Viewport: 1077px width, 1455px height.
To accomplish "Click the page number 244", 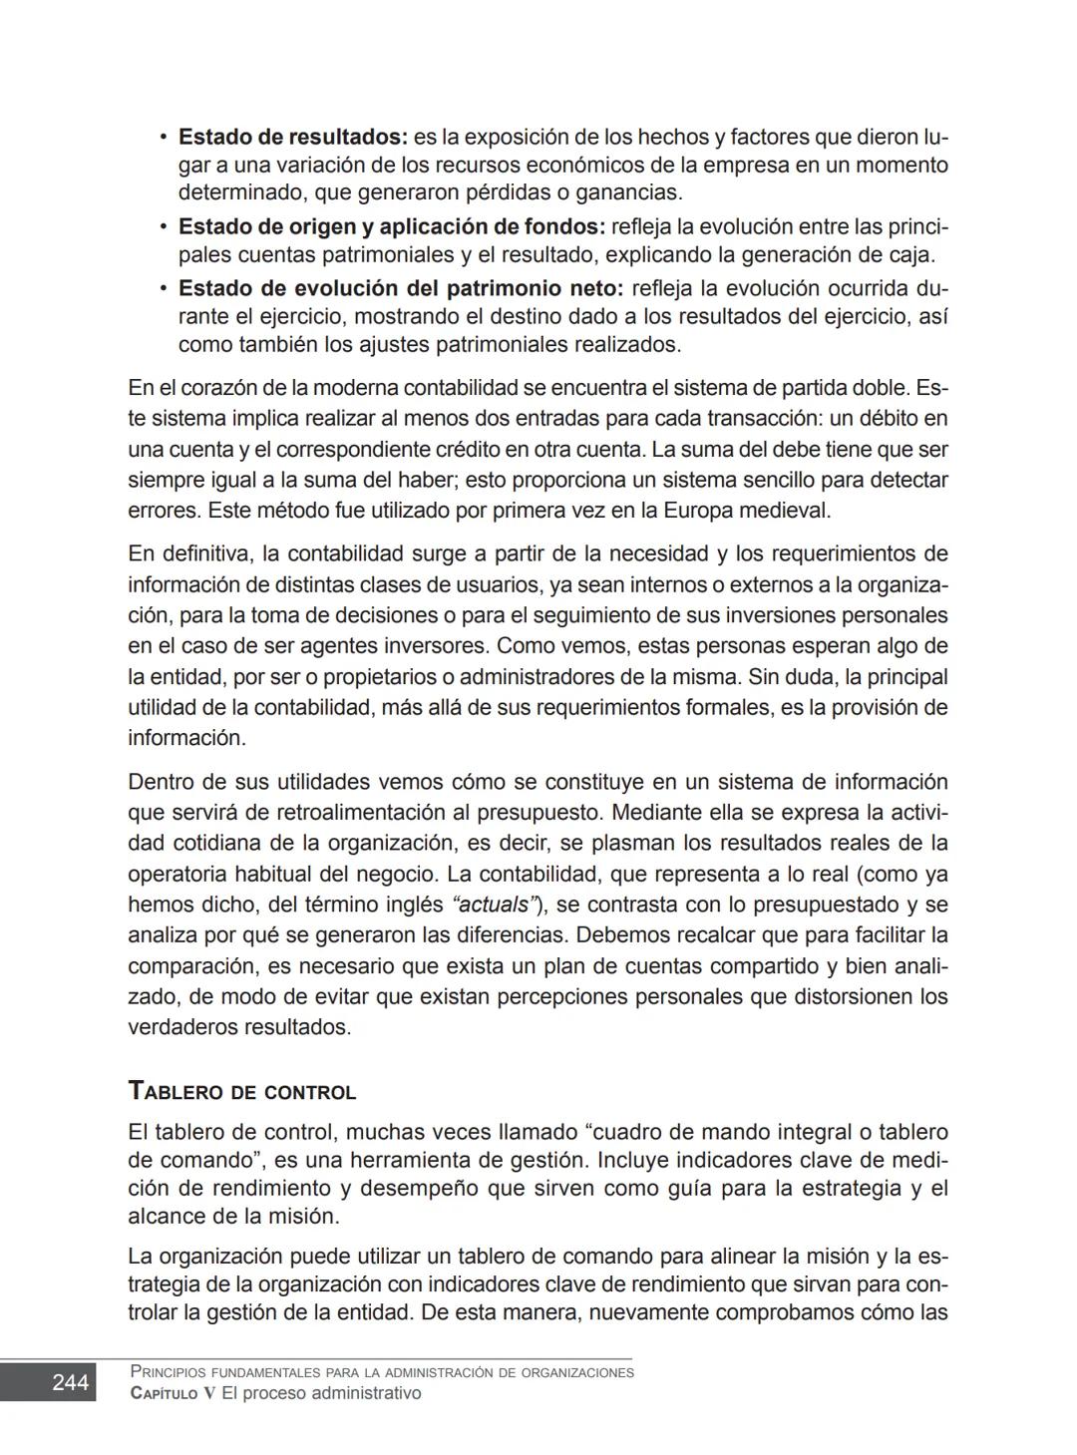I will (70, 1382).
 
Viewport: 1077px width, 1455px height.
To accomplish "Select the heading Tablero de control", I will (242, 1091).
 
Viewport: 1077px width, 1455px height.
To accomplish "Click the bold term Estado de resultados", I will (293, 137).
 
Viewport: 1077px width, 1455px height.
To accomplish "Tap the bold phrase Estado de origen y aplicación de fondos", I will (392, 227).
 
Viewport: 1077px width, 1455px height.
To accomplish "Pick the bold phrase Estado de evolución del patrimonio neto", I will (400, 289).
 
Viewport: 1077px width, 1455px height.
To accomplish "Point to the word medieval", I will (786, 511).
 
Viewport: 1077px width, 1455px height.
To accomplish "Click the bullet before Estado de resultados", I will (162, 137).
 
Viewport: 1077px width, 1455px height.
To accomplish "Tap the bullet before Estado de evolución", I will (162, 289).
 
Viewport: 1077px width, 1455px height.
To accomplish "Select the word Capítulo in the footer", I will (165, 1393).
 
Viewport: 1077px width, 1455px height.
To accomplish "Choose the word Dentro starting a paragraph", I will (161, 781).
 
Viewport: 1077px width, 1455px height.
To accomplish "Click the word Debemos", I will (619, 935).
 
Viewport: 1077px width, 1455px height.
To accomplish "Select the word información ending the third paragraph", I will (185, 738).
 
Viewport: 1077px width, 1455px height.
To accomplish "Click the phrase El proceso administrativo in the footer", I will (321, 1393).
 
